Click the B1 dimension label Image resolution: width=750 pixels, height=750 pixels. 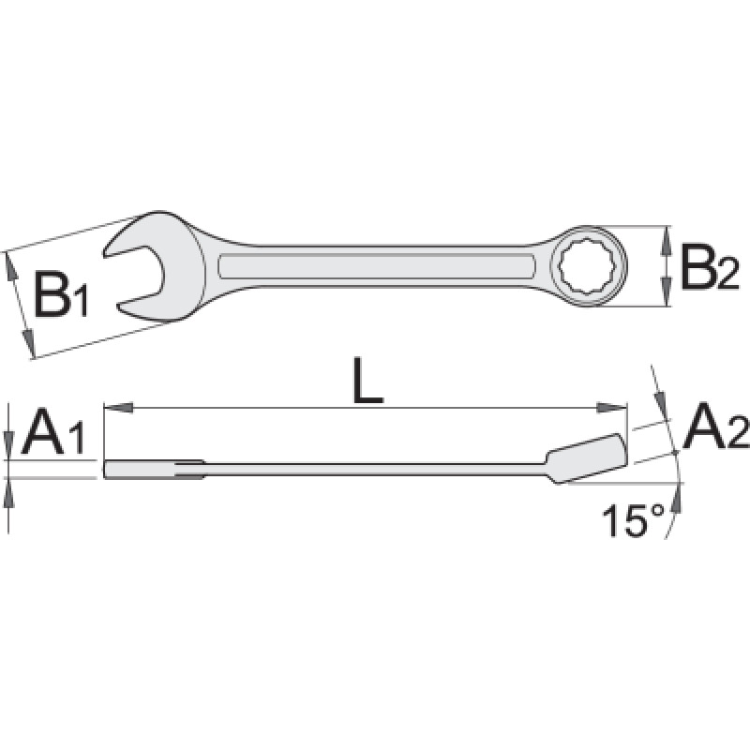62,296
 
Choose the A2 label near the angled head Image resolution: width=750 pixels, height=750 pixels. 715,427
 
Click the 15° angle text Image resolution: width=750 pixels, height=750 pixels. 634,522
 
